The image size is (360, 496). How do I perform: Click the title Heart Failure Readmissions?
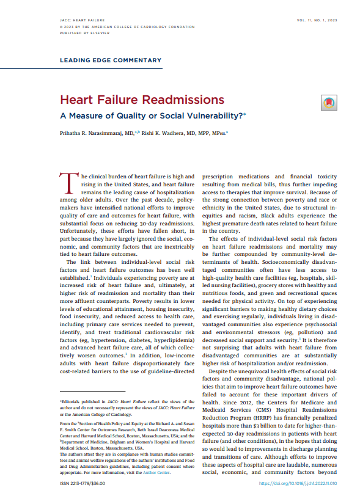point(141,100)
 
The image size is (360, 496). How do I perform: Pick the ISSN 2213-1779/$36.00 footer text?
point(83,483)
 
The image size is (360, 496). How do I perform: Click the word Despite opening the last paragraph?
point(221,372)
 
